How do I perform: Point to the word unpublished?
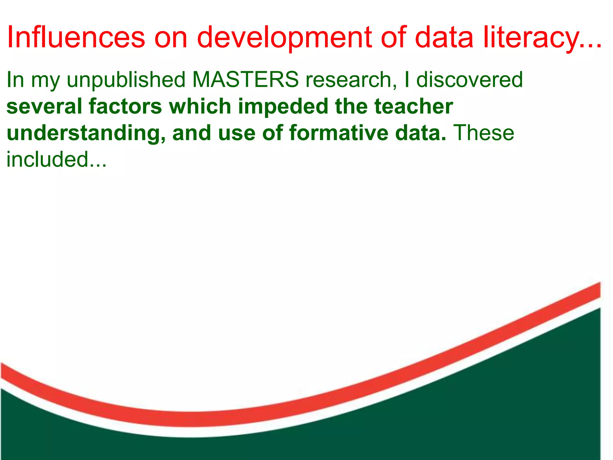[126, 80]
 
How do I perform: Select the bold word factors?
[125, 106]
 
